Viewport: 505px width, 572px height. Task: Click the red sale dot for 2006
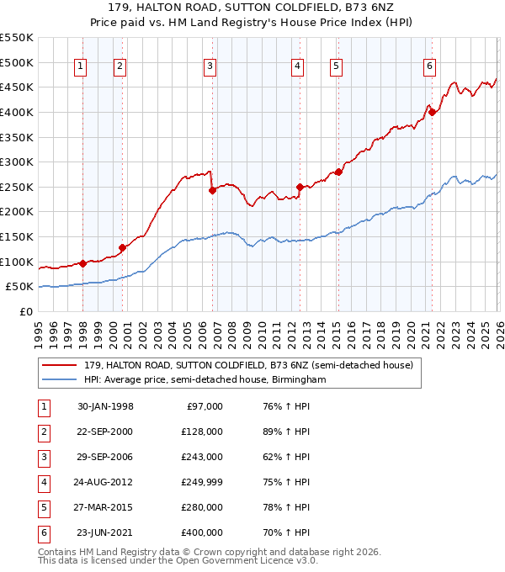coord(212,190)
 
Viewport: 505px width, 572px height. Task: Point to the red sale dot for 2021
coord(432,112)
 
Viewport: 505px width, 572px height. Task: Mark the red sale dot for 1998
coord(82,263)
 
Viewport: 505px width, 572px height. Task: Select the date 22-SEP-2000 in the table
coord(105,432)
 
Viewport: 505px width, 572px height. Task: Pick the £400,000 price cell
coord(202,532)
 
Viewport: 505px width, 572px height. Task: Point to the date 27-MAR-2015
coord(105,507)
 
